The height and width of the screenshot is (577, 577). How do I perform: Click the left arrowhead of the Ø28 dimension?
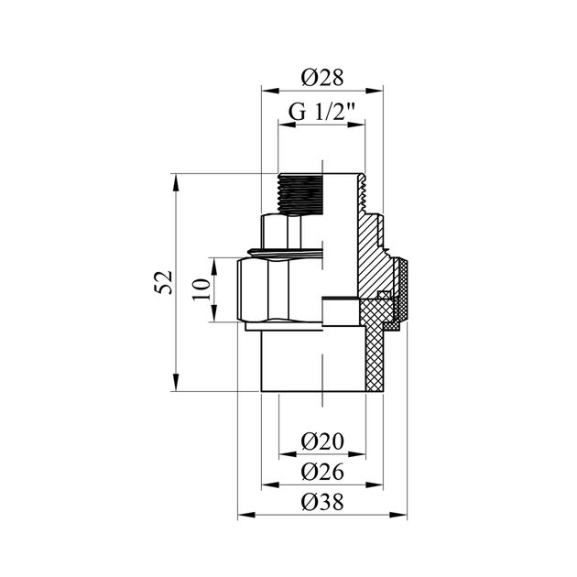(267, 90)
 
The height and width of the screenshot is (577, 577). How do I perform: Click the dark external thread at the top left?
(299, 192)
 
